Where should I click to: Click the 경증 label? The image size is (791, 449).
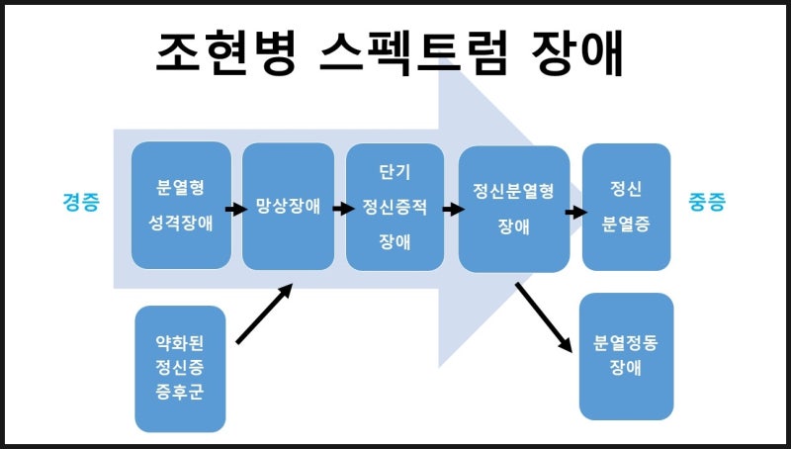[x=80, y=204]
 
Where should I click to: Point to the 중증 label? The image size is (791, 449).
[x=707, y=204]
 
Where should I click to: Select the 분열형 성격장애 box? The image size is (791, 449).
[x=181, y=206]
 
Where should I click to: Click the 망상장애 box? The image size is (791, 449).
[x=288, y=207]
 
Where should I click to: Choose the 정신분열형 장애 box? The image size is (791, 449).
[x=514, y=209]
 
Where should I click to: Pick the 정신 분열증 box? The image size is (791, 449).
[x=626, y=206]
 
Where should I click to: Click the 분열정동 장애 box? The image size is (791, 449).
[x=626, y=356]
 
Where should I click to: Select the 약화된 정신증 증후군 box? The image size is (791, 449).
[x=180, y=369]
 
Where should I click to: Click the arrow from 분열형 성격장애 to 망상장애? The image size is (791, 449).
[x=235, y=209]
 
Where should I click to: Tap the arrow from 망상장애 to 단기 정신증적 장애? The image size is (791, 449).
[x=343, y=209]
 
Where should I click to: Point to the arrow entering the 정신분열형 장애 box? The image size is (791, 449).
[x=453, y=209]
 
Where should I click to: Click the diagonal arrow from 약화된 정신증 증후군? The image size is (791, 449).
[x=265, y=314]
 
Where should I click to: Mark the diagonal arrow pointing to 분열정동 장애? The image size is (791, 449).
[x=544, y=316]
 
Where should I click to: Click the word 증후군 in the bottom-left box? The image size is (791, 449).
[x=180, y=402]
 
